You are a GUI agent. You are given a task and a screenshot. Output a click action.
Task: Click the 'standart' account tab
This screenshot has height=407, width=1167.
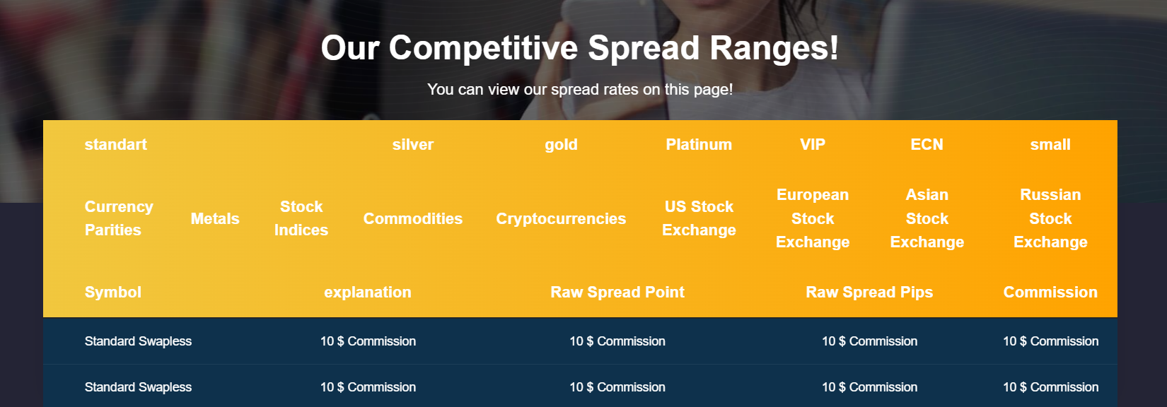pos(116,145)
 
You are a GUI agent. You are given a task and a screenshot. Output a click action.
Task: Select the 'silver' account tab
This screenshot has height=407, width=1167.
pos(412,145)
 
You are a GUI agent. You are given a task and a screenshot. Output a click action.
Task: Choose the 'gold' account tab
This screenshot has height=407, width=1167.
pos(561,146)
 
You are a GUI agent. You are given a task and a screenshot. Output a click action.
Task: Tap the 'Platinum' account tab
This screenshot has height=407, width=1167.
pos(699,145)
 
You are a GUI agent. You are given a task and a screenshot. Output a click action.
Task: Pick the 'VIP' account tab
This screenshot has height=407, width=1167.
pos(813,145)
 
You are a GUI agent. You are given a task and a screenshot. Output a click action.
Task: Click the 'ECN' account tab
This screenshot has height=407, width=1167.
pos(927,145)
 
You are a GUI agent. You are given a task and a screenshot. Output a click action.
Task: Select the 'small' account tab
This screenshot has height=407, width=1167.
pos(1050,145)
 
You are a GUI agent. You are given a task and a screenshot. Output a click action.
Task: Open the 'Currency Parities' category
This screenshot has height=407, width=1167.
pos(119,218)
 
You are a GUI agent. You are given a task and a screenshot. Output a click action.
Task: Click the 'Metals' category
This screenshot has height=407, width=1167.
pos(214,218)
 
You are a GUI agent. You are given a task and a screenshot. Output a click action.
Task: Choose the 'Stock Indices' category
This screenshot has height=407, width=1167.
pos(301,218)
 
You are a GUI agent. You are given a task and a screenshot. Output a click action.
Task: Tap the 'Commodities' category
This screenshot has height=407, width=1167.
pos(412,218)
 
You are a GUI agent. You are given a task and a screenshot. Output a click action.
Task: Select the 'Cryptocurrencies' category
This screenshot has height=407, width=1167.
pos(561,219)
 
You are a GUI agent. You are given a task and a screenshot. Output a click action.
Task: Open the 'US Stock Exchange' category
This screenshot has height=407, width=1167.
pos(699,218)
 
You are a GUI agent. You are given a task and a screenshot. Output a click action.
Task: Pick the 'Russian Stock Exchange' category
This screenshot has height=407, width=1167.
pos(1050,218)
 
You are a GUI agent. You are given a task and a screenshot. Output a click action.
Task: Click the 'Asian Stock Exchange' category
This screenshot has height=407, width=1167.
pos(927,218)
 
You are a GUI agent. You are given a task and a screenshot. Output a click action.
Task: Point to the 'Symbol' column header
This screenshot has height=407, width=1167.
pos(113,293)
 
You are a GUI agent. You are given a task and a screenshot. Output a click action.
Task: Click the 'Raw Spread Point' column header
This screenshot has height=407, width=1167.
pos(617,293)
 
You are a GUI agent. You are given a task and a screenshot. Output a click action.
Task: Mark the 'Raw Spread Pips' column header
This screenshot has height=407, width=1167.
pos(869,293)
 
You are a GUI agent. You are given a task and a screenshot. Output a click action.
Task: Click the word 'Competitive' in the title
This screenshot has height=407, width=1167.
pos(483,49)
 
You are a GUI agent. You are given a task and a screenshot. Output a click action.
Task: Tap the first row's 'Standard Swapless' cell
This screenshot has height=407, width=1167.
pos(138,341)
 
